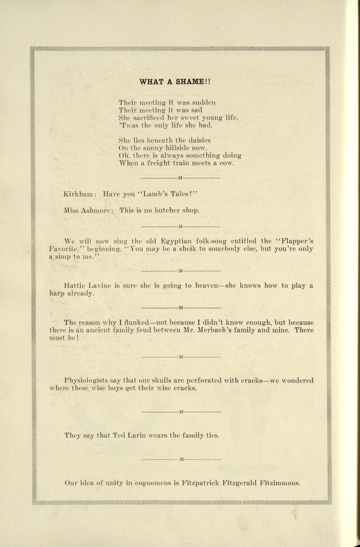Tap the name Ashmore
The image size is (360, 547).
click(x=97, y=210)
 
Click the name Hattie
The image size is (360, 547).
click(x=73, y=285)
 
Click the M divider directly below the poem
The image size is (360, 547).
click(x=180, y=178)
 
